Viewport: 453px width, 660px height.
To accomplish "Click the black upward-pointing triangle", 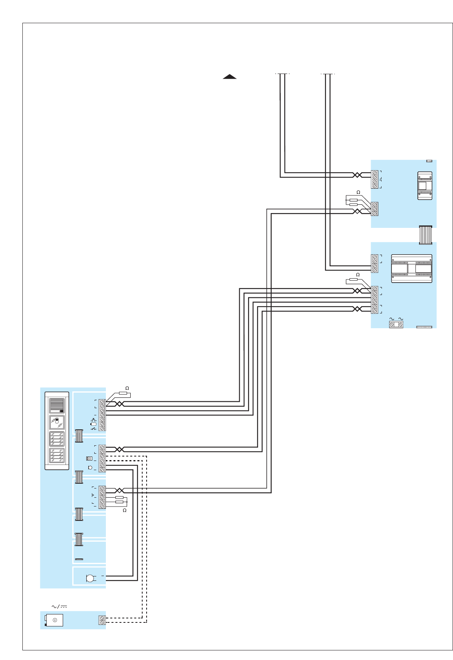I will click(x=230, y=77).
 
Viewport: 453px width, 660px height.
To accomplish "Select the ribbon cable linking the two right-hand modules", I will click(x=425, y=235).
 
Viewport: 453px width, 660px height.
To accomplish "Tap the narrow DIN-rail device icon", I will click(x=425, y=185).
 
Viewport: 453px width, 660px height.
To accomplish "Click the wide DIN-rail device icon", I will click(x=411, y=269).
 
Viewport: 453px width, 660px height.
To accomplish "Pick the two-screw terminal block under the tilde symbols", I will click(x=396, y=325).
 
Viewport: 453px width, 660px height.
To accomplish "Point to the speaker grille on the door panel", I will click(x=57, y=405).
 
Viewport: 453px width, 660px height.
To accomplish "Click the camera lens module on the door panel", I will click(x=57, y=422).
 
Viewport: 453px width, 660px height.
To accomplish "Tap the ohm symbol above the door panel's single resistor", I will click(x=127, y=388).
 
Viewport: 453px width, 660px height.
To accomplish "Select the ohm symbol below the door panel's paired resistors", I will click(x=125, y=510).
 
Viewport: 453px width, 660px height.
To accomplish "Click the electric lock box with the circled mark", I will click(x=54, y=620).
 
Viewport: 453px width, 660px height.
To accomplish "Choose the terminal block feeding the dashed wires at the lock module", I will click(x=102, y=620).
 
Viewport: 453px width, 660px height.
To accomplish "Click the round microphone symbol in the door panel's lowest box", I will click(x=90, y=578).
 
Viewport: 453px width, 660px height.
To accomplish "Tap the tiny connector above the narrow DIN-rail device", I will click(x=429, y=161).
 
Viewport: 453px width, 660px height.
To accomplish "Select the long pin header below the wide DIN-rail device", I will click(x=424, y=327).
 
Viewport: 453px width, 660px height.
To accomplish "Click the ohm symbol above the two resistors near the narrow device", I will click(x=358, y=192).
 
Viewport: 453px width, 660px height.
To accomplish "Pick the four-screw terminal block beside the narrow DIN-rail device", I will click(x=375, y=179).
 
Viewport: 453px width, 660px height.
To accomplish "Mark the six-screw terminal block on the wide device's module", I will click(x=375, y=300).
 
